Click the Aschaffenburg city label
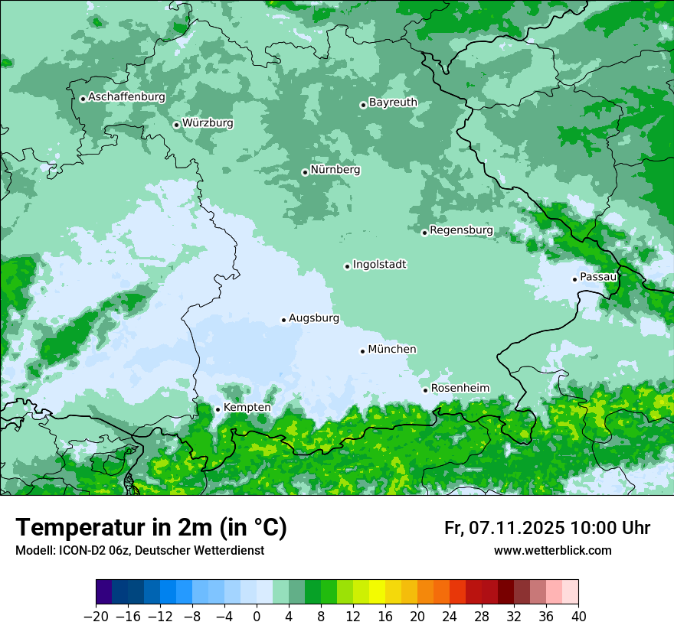coord(126,97)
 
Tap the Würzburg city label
coord(208,123)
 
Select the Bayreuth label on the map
coord(393,103)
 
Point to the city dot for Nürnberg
coord(305,172)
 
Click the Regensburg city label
coord(461,230)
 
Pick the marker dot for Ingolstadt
coord(347,266)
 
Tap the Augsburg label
coord(313,318)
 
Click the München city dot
coord(362,351)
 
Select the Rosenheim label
coord(460,389)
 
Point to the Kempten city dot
coord(218,409)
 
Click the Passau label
coord(598,277)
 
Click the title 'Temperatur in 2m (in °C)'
coord(151,528)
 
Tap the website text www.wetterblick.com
coord(552,551)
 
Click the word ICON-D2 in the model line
coord(74,551)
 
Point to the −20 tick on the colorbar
coord(96,617)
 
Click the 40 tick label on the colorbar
coord(578,617)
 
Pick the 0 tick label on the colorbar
coord(257,617)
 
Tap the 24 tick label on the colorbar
coord(450,617)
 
